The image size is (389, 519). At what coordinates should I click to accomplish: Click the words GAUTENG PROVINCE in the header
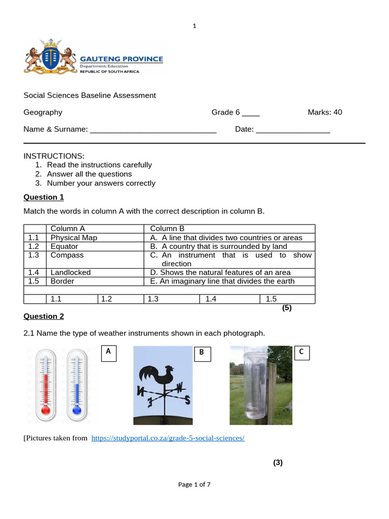click(x=122, y=59)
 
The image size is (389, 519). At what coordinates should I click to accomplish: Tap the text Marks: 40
click(x=325, y=112)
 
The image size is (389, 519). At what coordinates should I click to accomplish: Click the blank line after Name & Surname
click(x=153, y=130)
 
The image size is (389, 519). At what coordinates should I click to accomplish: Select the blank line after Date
click(x=293, y=130)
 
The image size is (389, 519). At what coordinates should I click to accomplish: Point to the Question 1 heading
click(x=44, y=197)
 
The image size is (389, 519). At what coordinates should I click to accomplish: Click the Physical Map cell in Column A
click(x=74, y=238)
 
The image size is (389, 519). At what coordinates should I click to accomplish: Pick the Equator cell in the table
click(x=64, y=246)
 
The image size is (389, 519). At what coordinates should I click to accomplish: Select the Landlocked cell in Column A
click(x=70, y=272)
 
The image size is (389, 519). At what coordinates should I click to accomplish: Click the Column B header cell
click(x=168, y=229)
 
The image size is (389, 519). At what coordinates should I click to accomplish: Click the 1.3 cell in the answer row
click(x=153, y=299)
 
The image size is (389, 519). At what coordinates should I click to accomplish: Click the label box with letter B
click(x=201, y=354)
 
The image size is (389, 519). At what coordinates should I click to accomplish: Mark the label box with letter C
click(x=301, y=353)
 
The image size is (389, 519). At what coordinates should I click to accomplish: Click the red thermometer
click(x=46, y=385)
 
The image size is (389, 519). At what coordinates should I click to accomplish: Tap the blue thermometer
click(x=77, y=385)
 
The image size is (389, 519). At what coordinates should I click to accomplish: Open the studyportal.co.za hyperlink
click(x=168, y=438)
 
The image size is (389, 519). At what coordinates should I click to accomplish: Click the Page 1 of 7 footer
click(x=194, y=485)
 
